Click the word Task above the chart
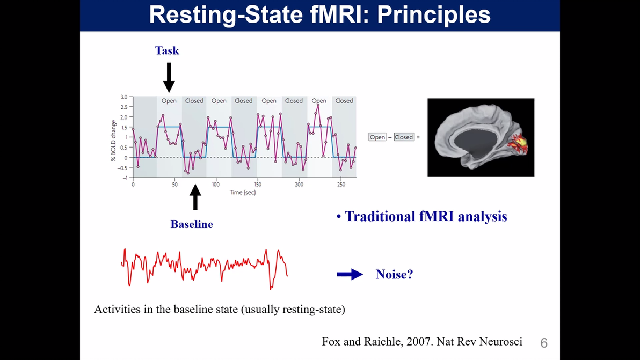pyautogui.click(x=167, y=50)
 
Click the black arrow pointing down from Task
pyautogui.click(x=169, y=77)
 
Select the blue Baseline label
pyautogui.click(x=192, y=224)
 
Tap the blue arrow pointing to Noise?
pyautogui.click(x=350, y=275)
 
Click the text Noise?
pyautogui.click(x=394, y=275)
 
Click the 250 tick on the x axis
pyautogui.click(x=341, y=185)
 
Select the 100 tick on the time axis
pyautogui.click(x=215, y=185)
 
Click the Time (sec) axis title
pyautogui.click(x=243, y=192)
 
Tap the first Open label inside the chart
pyautogui.click(x=169, y=101)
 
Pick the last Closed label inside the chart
pyautogui.click(x=344, y=101)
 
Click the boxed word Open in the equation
pyautogui.click(x=377, y=137)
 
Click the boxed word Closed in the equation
pyautogui.click(x=404, y=137)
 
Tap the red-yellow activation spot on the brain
pyautogui.click(x=518, y=144)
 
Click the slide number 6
pyautogui.click(x=544, y=343)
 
